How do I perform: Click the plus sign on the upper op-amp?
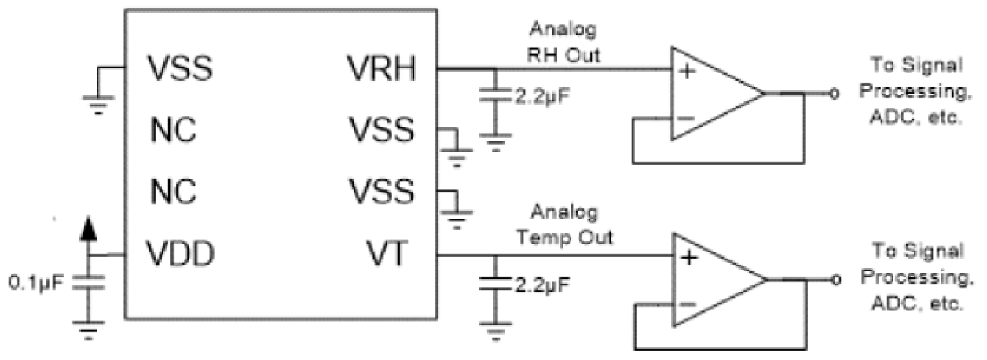click(x=688, y=72)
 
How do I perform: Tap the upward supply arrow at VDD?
click(x=90, y=229)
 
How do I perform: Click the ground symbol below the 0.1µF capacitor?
click(x=90, y=329)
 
